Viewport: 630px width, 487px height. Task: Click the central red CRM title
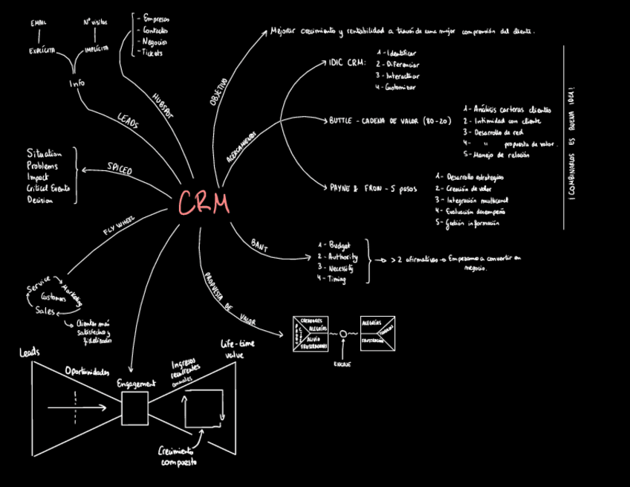click(204, 202)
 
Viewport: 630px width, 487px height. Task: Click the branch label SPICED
click(120, 170)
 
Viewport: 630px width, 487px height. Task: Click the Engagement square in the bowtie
click(134, 407)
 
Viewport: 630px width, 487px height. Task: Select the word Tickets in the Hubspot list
click(154, 54)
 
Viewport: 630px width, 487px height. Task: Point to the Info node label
click(77, 83)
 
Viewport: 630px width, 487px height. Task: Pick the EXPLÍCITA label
click(42, 50)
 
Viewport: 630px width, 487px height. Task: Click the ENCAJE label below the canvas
click(342, 364)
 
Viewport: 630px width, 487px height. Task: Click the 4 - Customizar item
click(396, 87)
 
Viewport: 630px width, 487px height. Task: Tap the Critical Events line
click(48, 189)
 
